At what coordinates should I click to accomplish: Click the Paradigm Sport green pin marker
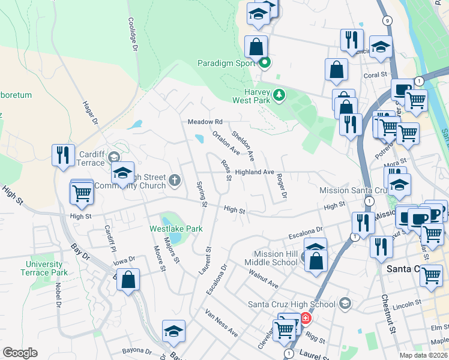(x=264, y=62)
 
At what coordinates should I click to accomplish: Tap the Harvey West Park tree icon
(x=279, y=94)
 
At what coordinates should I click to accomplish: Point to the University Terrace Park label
(x=44, y=268)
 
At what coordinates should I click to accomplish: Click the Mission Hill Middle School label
(x=276, y=258)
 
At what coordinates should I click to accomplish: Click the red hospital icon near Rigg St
(x=306, y=318)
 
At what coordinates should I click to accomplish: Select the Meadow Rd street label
(x=205, y=122)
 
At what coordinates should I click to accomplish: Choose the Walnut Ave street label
(x=264, y=279)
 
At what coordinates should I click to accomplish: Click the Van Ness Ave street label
(x=221, y=323)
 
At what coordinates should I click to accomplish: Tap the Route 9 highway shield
(x=388, y=20)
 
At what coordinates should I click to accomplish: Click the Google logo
(x=20, y=353)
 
